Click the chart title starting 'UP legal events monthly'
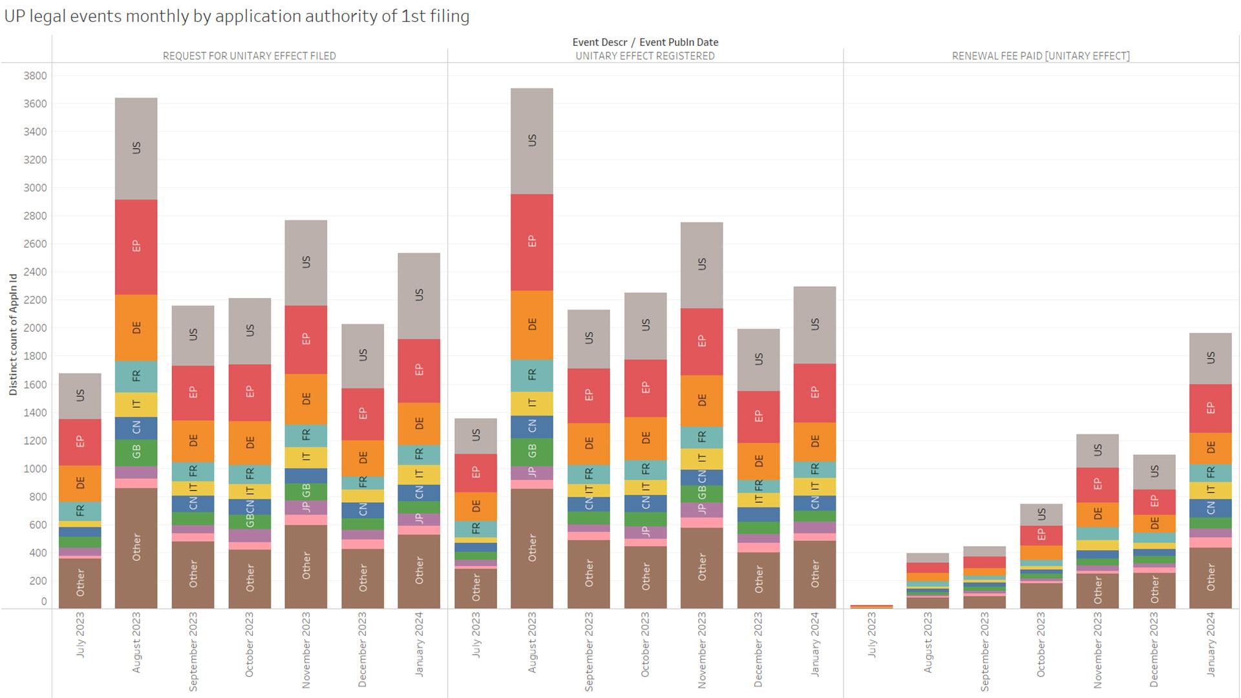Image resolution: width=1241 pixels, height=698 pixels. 237,16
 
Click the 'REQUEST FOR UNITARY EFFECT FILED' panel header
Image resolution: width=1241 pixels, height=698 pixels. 249,56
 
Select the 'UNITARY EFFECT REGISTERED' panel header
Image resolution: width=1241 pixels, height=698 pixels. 644,56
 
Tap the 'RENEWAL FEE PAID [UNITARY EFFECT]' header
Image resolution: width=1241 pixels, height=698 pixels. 1041,56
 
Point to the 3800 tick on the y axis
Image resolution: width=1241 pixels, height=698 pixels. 35,76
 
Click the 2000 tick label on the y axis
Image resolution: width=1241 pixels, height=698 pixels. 35,328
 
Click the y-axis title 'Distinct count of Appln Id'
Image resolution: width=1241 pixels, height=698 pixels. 13,334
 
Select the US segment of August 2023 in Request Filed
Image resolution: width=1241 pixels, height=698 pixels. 136,148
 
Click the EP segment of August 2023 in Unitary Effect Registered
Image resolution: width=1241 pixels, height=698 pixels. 531,241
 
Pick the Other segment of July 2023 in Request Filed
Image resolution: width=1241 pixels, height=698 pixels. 80,582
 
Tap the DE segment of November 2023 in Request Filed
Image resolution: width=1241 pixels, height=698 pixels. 306,399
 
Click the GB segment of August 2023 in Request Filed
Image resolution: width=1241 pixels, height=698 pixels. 136,452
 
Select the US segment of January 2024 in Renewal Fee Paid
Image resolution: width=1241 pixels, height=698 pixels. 1210,358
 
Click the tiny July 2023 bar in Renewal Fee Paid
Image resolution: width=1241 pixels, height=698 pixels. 871,606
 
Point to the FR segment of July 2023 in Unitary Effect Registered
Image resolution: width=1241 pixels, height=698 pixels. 475,529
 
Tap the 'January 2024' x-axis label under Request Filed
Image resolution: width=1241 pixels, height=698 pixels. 419,644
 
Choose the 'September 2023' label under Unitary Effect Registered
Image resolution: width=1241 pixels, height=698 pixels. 588,651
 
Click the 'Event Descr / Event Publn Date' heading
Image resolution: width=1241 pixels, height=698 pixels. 644,42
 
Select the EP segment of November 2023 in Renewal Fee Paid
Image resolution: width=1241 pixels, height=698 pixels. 1097,484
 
